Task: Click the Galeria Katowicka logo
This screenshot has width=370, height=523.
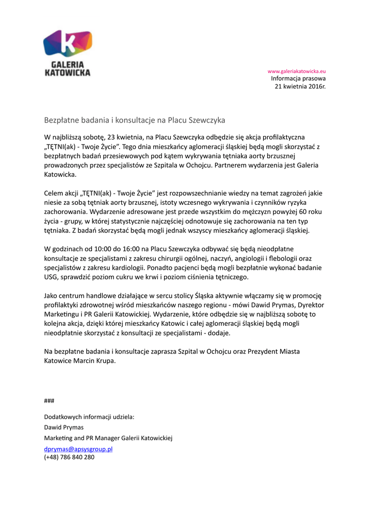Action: (x=67, y=53)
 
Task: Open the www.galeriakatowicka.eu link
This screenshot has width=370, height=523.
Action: (x=296, y=71)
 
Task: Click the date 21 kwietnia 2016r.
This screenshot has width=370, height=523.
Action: (x=300, y=86)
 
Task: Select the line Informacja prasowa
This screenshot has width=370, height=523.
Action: (x=298, y=79)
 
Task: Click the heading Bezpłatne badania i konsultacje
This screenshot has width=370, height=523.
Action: (x=134, y=120)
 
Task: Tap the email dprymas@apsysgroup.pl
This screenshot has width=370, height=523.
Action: (x=78, y=449)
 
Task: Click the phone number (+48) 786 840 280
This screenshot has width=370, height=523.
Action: (x=70, y=457)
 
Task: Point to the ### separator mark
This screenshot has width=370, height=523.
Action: (x=50, y=400)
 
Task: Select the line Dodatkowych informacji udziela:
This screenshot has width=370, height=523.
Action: (x=89, y=417)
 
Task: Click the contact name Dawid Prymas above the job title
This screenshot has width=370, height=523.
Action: (x=64, y=427)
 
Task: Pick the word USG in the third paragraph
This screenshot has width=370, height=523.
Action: (x=52, y=277)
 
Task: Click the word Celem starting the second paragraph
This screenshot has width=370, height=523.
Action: (x=55, y=193)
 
